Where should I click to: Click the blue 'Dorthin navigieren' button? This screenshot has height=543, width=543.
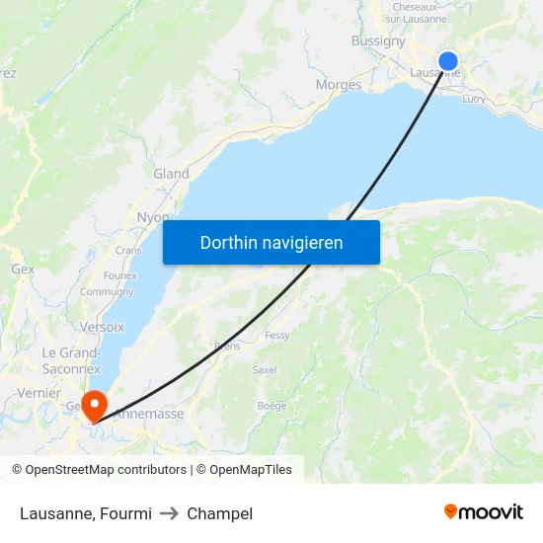click(x=271, y=242)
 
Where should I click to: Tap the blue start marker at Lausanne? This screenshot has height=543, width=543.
click(x=447, y=60)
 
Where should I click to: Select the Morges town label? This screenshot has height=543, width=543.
click(x=339, y=85)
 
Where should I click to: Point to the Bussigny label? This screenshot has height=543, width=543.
click(x=378, y=41)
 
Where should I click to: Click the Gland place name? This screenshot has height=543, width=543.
click(x=171, y=174)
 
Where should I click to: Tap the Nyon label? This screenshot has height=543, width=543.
click(x=153, y=217)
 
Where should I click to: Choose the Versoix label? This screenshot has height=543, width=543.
click(x=102, y=327)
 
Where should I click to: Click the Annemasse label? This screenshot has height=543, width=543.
click(x=149, y=414)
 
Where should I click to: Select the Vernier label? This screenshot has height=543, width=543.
click(x=39, y=393)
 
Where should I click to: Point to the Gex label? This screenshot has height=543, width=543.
click(x=22, y=269)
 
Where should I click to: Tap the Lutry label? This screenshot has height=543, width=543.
click(x=474, y=99)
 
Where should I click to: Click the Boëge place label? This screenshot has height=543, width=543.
click(x=271, y=406)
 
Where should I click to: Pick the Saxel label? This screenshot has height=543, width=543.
click(x=265, y=370)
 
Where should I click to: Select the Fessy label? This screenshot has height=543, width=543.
click(x=277, y=336)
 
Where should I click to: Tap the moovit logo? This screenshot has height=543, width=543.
click(x=484, y=512)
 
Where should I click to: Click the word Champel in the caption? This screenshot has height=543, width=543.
click(x=219, y=513)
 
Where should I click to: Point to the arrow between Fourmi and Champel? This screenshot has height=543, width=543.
click(x=169, y=513)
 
